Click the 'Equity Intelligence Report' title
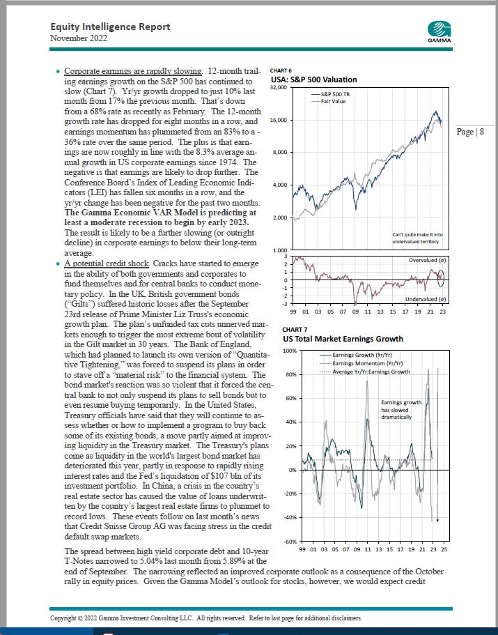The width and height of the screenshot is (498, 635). [x=110, y=26]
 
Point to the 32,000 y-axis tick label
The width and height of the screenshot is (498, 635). [x=279, y=89]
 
